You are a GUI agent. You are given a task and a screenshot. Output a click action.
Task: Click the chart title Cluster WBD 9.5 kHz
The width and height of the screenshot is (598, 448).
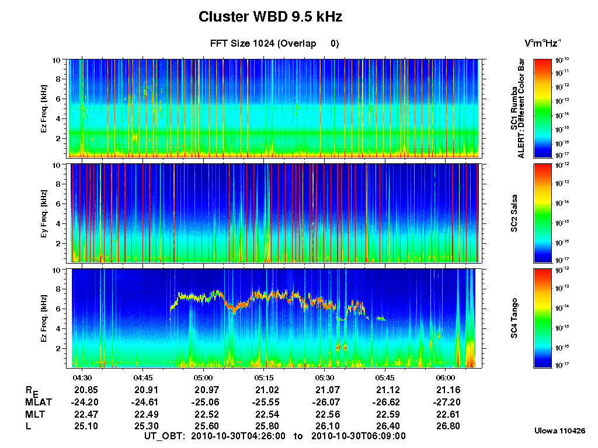coord(270,17)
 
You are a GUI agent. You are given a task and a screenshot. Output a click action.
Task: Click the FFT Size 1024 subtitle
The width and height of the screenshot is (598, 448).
coord(274,44)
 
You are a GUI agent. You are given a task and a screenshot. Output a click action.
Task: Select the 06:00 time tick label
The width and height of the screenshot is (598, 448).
coord(446,377)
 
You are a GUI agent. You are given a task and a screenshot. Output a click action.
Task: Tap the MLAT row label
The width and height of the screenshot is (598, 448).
coord(37,402)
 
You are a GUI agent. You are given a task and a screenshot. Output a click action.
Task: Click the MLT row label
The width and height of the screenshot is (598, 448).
coord(35,415)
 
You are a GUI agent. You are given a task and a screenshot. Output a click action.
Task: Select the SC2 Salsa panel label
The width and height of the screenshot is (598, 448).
coord(514,213)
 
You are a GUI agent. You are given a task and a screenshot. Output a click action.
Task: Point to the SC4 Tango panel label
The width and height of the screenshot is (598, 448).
coord(514,318)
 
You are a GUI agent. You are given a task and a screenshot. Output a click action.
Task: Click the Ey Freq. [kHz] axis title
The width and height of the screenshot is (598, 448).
coord(44,213)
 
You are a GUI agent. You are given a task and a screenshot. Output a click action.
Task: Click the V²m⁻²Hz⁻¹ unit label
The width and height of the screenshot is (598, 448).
coord(543,44)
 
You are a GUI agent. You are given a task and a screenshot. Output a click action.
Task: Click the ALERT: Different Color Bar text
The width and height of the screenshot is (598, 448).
coord(523,108)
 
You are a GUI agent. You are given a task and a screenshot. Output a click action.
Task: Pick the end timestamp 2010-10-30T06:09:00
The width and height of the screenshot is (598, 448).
coord(358,436)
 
